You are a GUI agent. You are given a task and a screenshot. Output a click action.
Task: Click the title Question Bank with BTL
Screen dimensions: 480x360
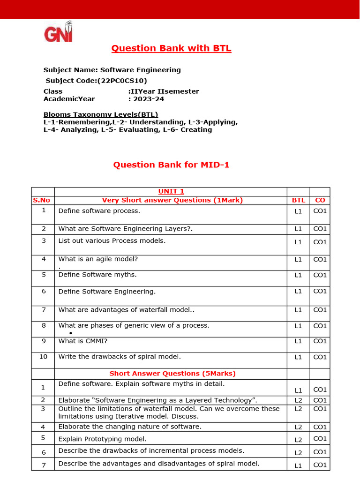coord(171,48)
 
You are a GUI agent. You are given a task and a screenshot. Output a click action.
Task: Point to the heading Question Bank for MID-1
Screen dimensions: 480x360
coord(171,165)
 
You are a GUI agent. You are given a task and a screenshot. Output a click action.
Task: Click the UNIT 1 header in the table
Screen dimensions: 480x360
coord(171,191)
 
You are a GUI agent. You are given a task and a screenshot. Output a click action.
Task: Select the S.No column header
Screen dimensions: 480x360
coord(41,200)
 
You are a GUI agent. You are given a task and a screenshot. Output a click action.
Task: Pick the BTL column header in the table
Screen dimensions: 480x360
coord(298,200)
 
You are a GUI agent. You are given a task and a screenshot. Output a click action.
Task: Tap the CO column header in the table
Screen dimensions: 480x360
coord(320,200)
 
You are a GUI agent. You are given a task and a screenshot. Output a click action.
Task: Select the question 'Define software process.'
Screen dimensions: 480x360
coord(99,211)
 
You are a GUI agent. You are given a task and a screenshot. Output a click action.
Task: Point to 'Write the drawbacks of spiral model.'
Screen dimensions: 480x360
coord(120,357)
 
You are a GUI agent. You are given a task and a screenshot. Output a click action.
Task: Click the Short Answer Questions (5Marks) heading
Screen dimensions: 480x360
coord(172,374)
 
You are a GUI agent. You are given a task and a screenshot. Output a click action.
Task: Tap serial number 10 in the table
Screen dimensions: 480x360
coord(43,357)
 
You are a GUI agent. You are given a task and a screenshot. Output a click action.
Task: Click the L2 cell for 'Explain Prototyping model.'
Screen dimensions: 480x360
coord(298,440)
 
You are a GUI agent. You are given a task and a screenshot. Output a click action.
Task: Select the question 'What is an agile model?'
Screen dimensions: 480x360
coord(98,259)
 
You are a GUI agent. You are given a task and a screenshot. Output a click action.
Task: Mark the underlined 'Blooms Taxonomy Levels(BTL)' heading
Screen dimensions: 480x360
coord(101,115)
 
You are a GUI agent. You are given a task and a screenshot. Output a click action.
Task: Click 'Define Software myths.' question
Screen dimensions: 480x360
coord(97,275)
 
